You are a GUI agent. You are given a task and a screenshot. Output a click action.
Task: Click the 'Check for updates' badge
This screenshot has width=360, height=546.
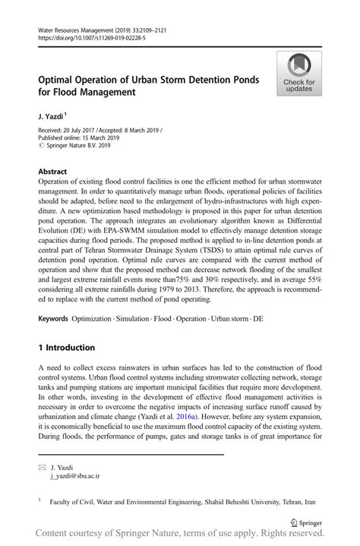pyautogui.click(x=299, y=74)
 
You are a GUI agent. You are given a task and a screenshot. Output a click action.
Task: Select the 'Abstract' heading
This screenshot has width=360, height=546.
pyautogui.click(x=52, y=172)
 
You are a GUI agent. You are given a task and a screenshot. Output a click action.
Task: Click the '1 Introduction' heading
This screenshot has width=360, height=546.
pyautogui.click(x=66, y=348)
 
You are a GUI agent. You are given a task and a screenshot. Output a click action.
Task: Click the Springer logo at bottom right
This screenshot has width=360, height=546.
pyautogui.click(x=307, y=523)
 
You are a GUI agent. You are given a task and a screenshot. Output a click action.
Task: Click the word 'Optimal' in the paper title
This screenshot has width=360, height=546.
pyautogui.click(x=59, y=80)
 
